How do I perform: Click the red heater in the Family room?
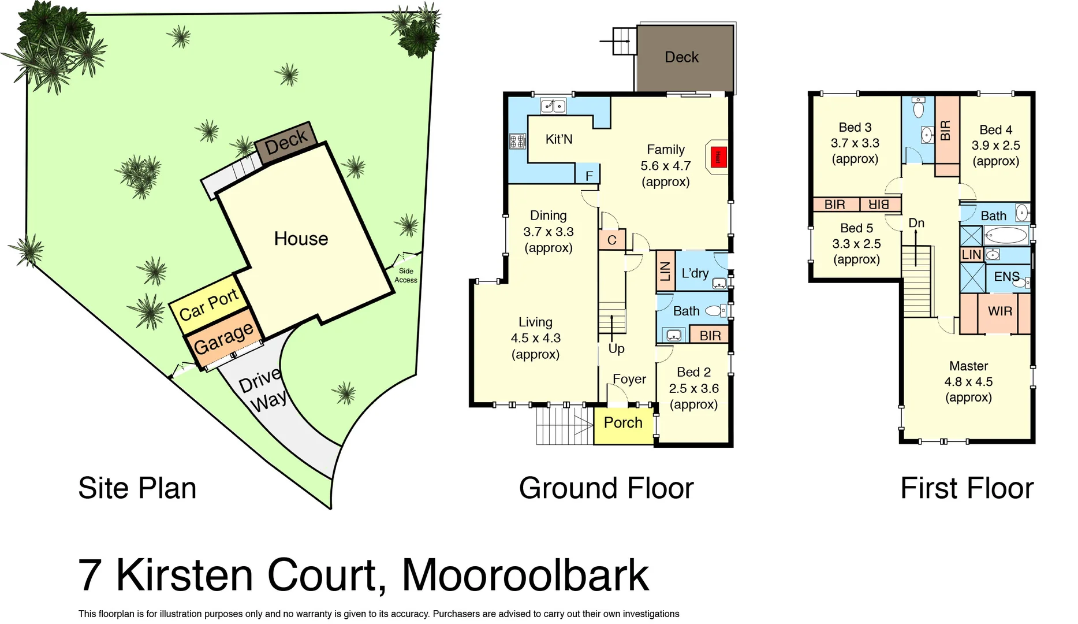(718, 157)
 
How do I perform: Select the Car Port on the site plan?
(208, 304)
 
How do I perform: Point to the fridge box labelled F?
(588, 174)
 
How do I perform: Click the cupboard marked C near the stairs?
(612, 240)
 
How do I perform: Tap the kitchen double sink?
(553, 106)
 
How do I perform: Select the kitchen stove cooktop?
(517, 140)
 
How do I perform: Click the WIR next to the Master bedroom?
(999, 312)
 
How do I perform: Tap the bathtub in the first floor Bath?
(1006, 235)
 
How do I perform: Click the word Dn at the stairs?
(916, 223)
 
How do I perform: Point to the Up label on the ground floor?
(616, 348)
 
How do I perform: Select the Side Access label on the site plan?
(406, 276)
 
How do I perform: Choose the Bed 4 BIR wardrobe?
(946, 131)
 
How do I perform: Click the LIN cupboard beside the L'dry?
(665, 270)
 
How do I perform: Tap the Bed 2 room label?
(693, 373)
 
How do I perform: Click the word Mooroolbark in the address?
(525, 575)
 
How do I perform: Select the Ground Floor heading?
(606, 488)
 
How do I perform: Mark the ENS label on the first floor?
(1006, 277)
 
